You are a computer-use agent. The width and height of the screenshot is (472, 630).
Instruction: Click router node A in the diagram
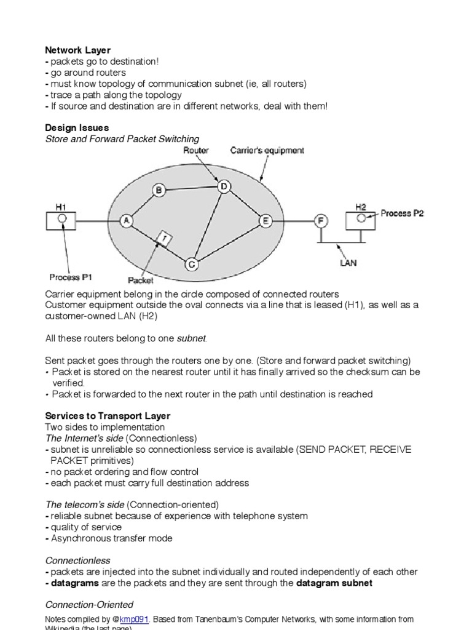point(126,221)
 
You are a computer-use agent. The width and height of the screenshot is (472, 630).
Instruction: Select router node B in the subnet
point(159,191)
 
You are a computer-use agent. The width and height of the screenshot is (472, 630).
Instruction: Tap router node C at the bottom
point(192,265)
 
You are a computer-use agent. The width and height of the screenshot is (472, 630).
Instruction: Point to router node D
point(224,186)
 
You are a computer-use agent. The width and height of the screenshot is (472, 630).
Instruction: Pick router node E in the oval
point(265,221)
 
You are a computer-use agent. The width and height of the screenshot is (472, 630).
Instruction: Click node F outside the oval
point(320,221)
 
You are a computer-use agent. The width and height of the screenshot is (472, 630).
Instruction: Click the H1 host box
point(61,220)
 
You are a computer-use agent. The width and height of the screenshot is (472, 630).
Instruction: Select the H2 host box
point(361,220)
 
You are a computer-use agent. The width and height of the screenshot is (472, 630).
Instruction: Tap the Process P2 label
point(402,213)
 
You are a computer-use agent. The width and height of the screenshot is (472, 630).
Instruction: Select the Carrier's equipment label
point(267,151)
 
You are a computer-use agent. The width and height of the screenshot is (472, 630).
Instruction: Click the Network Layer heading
point(78,50)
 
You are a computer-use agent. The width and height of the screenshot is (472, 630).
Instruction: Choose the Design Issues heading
point(77,127)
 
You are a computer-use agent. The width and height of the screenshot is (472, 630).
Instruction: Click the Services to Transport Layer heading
point(108,416)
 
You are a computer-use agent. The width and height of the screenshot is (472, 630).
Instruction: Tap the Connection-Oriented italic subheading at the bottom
point(89,605)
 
